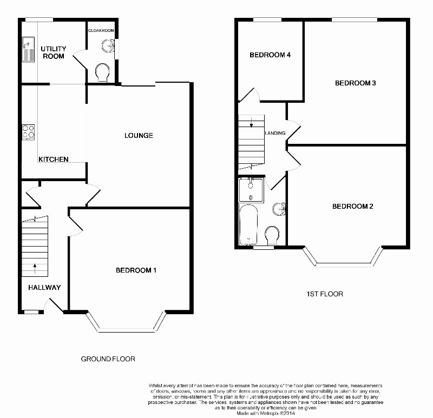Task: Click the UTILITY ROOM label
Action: [x=53, y=52]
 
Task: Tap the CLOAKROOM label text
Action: [x=101, y=31]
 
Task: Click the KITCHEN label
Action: [x=54, y=160]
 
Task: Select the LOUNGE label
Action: [x=139, y=135]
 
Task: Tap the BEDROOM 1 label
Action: [x=136, y=270]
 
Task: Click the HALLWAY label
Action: [x=44, y=287]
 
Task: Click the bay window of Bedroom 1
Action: [x=127, y=327]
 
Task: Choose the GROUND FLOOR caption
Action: [x=108, y=359]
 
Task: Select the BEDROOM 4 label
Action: [x=267, y=55]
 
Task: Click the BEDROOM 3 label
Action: [x=355, y=83]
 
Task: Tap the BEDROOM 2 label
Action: [x=352, y=207]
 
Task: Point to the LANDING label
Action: [x=275, y=133]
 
